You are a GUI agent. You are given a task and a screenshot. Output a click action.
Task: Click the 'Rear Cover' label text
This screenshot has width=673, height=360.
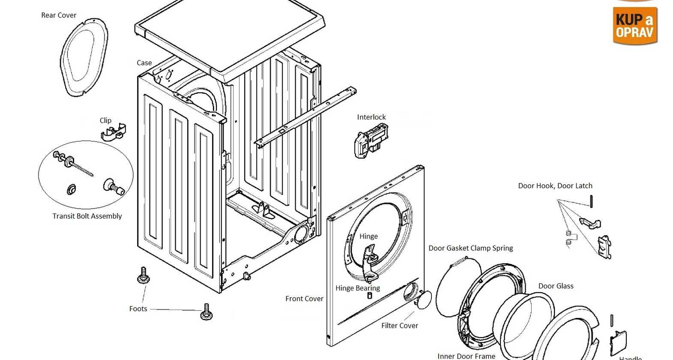(59, 15)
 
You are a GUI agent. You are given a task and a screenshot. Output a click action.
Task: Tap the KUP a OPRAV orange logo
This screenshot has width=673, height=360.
(634, 25)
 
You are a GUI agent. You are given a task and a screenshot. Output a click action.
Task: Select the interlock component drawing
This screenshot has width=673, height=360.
(370, 140)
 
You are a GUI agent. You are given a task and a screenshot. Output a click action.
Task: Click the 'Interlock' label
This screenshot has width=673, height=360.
(371, 117)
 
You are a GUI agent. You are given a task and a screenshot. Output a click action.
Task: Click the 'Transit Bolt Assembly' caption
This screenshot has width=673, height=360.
(87, 216)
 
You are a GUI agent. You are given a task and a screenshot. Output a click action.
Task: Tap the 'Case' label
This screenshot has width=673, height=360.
(144, 63)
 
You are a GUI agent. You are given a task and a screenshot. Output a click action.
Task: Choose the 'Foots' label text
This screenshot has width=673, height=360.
(138, 309)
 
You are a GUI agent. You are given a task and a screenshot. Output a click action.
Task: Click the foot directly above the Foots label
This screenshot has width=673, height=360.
(144, 276)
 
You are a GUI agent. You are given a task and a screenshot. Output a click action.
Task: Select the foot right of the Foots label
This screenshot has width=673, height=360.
(206, 312)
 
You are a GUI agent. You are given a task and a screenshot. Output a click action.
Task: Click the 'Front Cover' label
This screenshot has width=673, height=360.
(304, 299)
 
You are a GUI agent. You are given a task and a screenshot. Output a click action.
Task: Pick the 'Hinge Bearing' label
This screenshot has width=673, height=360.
(358, 288)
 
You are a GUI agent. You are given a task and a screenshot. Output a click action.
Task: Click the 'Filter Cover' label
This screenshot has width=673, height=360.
(400, 326)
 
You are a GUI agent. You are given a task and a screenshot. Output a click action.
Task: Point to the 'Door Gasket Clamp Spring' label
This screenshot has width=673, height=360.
(471, 248)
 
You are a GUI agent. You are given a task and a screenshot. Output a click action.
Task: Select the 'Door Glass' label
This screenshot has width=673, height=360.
(556, 286)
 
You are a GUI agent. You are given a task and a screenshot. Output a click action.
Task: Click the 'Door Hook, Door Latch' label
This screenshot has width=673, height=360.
(555, 186)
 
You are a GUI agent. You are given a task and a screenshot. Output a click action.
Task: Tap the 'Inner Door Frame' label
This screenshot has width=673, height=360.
(466, 356)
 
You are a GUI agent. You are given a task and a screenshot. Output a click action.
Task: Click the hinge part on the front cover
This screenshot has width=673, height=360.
(370, 261)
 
